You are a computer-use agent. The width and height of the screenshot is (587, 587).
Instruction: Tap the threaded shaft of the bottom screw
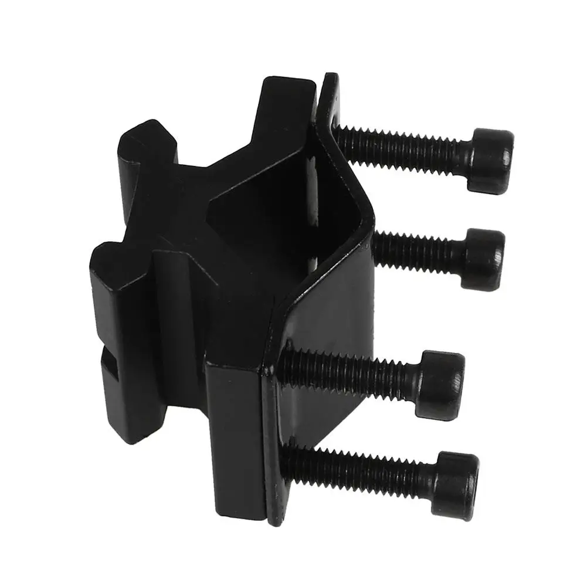tap(364, 469)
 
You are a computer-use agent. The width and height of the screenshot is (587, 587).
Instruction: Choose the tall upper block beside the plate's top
tap(287, 111)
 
